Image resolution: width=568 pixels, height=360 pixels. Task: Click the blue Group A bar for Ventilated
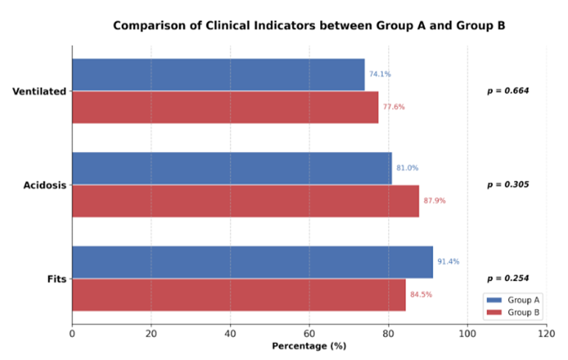tap(218, 75)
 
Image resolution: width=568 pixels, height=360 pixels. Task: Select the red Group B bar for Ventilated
tap(225, 107)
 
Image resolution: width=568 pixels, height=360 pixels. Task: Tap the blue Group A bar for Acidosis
tap(232, 168)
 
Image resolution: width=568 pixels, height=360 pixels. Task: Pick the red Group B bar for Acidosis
tap(246, 201)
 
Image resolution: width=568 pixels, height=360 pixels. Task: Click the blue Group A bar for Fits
tap(252, 262)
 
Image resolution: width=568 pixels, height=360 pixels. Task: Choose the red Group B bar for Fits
tap(239, 295)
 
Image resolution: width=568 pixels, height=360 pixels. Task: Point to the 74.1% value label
tap(380, 75)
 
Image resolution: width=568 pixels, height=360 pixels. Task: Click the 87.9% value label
tap(434, 201)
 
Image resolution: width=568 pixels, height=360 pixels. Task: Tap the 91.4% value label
tap(448, 261)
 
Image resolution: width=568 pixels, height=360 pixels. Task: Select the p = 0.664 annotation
tap(508, 91)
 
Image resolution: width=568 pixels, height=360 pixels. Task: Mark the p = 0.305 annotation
tap(508, 184)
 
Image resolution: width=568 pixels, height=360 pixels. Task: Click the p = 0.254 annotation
tap(508, 278)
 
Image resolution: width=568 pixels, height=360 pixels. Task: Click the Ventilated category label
tap(39, 91)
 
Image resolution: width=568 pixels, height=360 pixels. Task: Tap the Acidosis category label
tap(45, 185)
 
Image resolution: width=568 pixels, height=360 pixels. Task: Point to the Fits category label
tap(57, 279)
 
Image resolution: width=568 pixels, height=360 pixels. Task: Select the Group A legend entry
tap(513, 300)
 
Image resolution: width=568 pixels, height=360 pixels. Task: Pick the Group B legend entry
tap(513, 312)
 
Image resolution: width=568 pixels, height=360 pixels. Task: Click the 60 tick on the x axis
tap(309, 333)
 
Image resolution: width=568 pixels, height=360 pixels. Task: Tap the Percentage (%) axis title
tap(309, 346)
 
